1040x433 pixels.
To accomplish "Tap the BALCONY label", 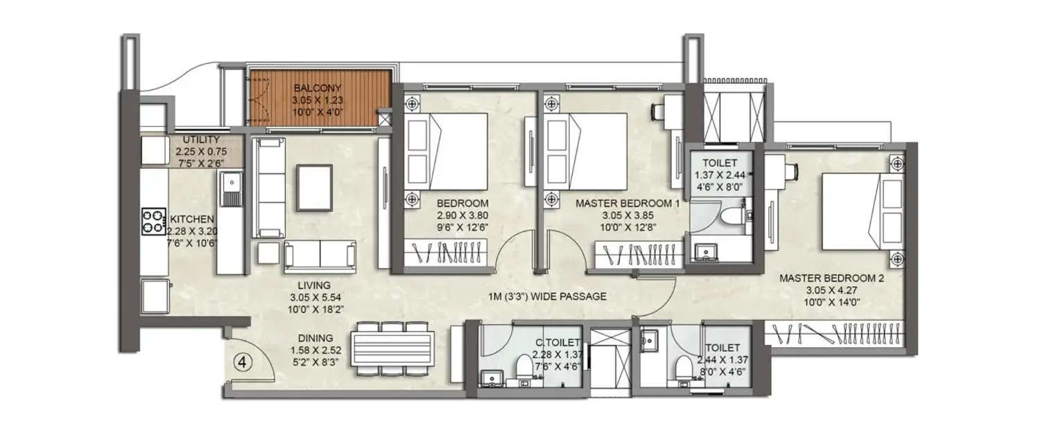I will click(316, 89).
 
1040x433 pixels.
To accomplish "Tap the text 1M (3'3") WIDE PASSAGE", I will click(546, 297).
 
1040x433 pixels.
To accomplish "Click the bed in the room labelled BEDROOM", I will click(448, 150).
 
